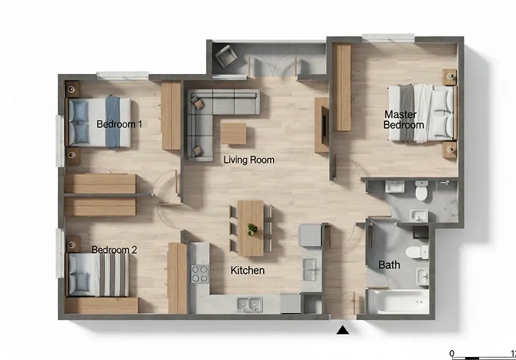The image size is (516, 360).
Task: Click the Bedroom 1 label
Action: (x=119, y=124)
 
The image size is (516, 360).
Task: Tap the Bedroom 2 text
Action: (x=114, y=250)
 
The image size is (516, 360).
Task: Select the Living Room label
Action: (x=249, y=160)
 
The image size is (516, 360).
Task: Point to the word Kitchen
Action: (x=248, y=271)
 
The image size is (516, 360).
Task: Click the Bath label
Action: (x=390, y=265)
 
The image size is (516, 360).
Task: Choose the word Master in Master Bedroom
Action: (x=400, y=114)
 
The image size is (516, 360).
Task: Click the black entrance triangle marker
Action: (x=342, y=330)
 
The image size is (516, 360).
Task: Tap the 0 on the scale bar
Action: (x=452, y=354)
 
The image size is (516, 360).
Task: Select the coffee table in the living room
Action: (x=234, y=133)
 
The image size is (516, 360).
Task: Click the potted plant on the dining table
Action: (x=252, y=230)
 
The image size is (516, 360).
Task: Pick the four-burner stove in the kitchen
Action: (x=200, y=274)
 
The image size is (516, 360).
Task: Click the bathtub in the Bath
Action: (x=398, y=301)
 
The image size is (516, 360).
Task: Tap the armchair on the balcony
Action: (x=225, y=56)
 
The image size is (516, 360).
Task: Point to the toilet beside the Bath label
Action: (x=417, y=252)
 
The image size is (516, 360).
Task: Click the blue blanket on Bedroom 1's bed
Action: (x=113, y=122)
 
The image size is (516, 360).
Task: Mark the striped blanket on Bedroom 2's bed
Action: (x=114, y=275)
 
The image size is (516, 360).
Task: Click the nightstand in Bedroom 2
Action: (x=73, y=244)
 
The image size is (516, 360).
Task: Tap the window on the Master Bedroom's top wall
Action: (x=388, y=38)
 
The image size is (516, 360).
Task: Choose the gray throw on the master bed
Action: (x=406, y=113)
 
